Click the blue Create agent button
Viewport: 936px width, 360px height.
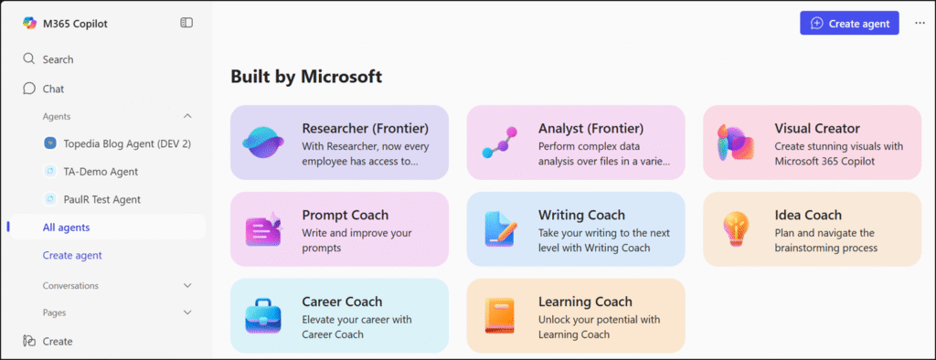(x=849, y=23)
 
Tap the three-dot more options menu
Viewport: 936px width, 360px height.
(x=920, y=23)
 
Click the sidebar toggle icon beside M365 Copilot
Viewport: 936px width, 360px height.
(x=186, y=23)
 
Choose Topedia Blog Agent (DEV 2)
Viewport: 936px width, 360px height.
(x=118, y=143)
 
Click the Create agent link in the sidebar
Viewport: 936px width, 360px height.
(x=72, y=255)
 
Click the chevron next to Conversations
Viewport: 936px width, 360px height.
(x=187, y=285)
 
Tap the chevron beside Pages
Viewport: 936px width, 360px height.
(x=187, y=312)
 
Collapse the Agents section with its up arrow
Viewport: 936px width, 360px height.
(x=187, y=116)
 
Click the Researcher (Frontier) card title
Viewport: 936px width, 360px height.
(x=366, y=128)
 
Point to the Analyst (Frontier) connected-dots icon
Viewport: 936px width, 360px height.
(x=499, y=143)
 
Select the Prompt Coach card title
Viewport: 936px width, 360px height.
(x=345, y=215)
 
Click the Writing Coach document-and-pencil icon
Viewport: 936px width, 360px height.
(x=500, y=229)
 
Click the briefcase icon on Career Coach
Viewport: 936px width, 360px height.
(x=263, y=316)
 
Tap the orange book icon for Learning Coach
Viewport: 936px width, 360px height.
(x=499, y=316)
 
